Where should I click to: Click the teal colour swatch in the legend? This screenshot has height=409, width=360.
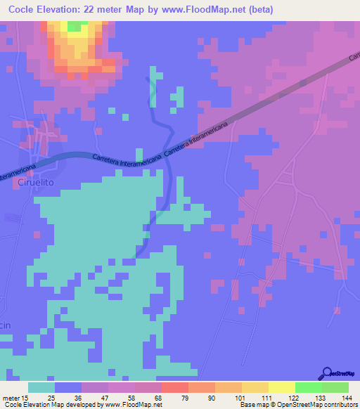point(41,387)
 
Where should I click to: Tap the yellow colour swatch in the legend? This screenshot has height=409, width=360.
point(282,387)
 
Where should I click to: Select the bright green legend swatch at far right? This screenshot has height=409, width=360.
point(335,387)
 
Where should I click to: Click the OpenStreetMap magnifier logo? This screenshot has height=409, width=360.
point(327,374)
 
